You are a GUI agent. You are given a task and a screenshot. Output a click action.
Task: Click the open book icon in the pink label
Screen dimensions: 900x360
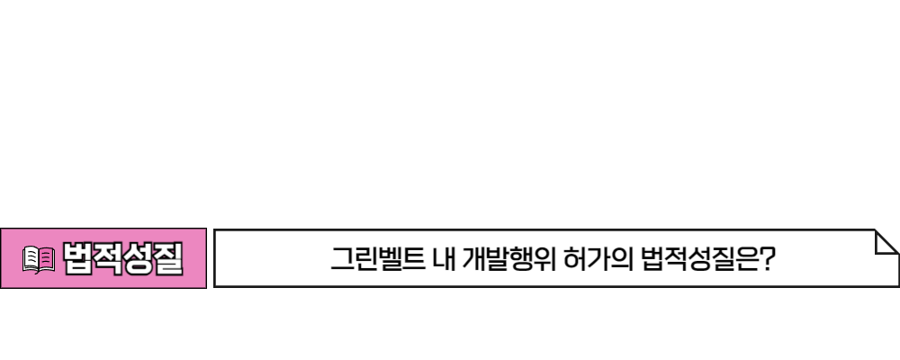[39, 259]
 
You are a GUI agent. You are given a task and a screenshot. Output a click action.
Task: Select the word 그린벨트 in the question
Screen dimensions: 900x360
[378, 259]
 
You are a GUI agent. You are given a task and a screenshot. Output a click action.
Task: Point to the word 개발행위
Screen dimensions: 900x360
[509, 259]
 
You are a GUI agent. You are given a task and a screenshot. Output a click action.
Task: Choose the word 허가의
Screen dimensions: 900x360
[598, 259]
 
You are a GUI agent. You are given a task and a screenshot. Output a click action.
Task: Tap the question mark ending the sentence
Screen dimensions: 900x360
[766, 259]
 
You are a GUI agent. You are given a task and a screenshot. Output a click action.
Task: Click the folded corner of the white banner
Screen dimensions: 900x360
[886, 242]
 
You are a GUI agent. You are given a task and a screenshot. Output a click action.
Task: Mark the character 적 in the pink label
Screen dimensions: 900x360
[108, 259]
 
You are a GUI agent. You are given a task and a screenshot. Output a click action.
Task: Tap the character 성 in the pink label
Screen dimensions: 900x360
[138, 259]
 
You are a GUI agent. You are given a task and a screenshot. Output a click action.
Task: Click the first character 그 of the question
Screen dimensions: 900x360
[343, 259]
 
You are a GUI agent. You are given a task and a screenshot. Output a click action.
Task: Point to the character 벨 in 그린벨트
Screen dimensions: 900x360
[390, 259]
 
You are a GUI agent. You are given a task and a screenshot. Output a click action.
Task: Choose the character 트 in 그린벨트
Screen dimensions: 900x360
[413, 259]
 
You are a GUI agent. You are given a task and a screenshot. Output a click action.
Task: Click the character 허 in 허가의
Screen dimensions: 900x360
[576, 259]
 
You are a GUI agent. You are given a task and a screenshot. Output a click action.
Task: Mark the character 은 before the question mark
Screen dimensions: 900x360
[744, 259]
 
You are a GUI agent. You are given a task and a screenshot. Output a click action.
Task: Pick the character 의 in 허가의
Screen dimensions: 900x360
[622, 259]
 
